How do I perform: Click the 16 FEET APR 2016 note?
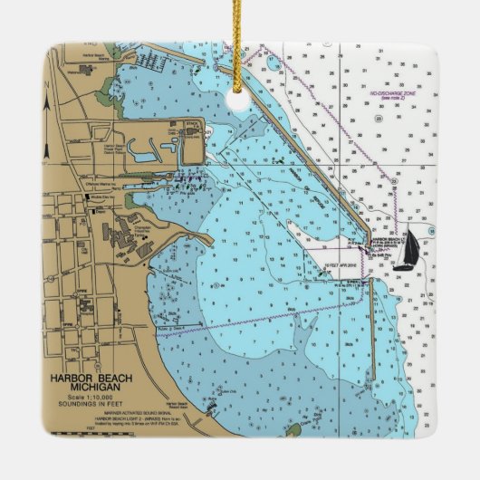pyautogui.click(x=342, y=264)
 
